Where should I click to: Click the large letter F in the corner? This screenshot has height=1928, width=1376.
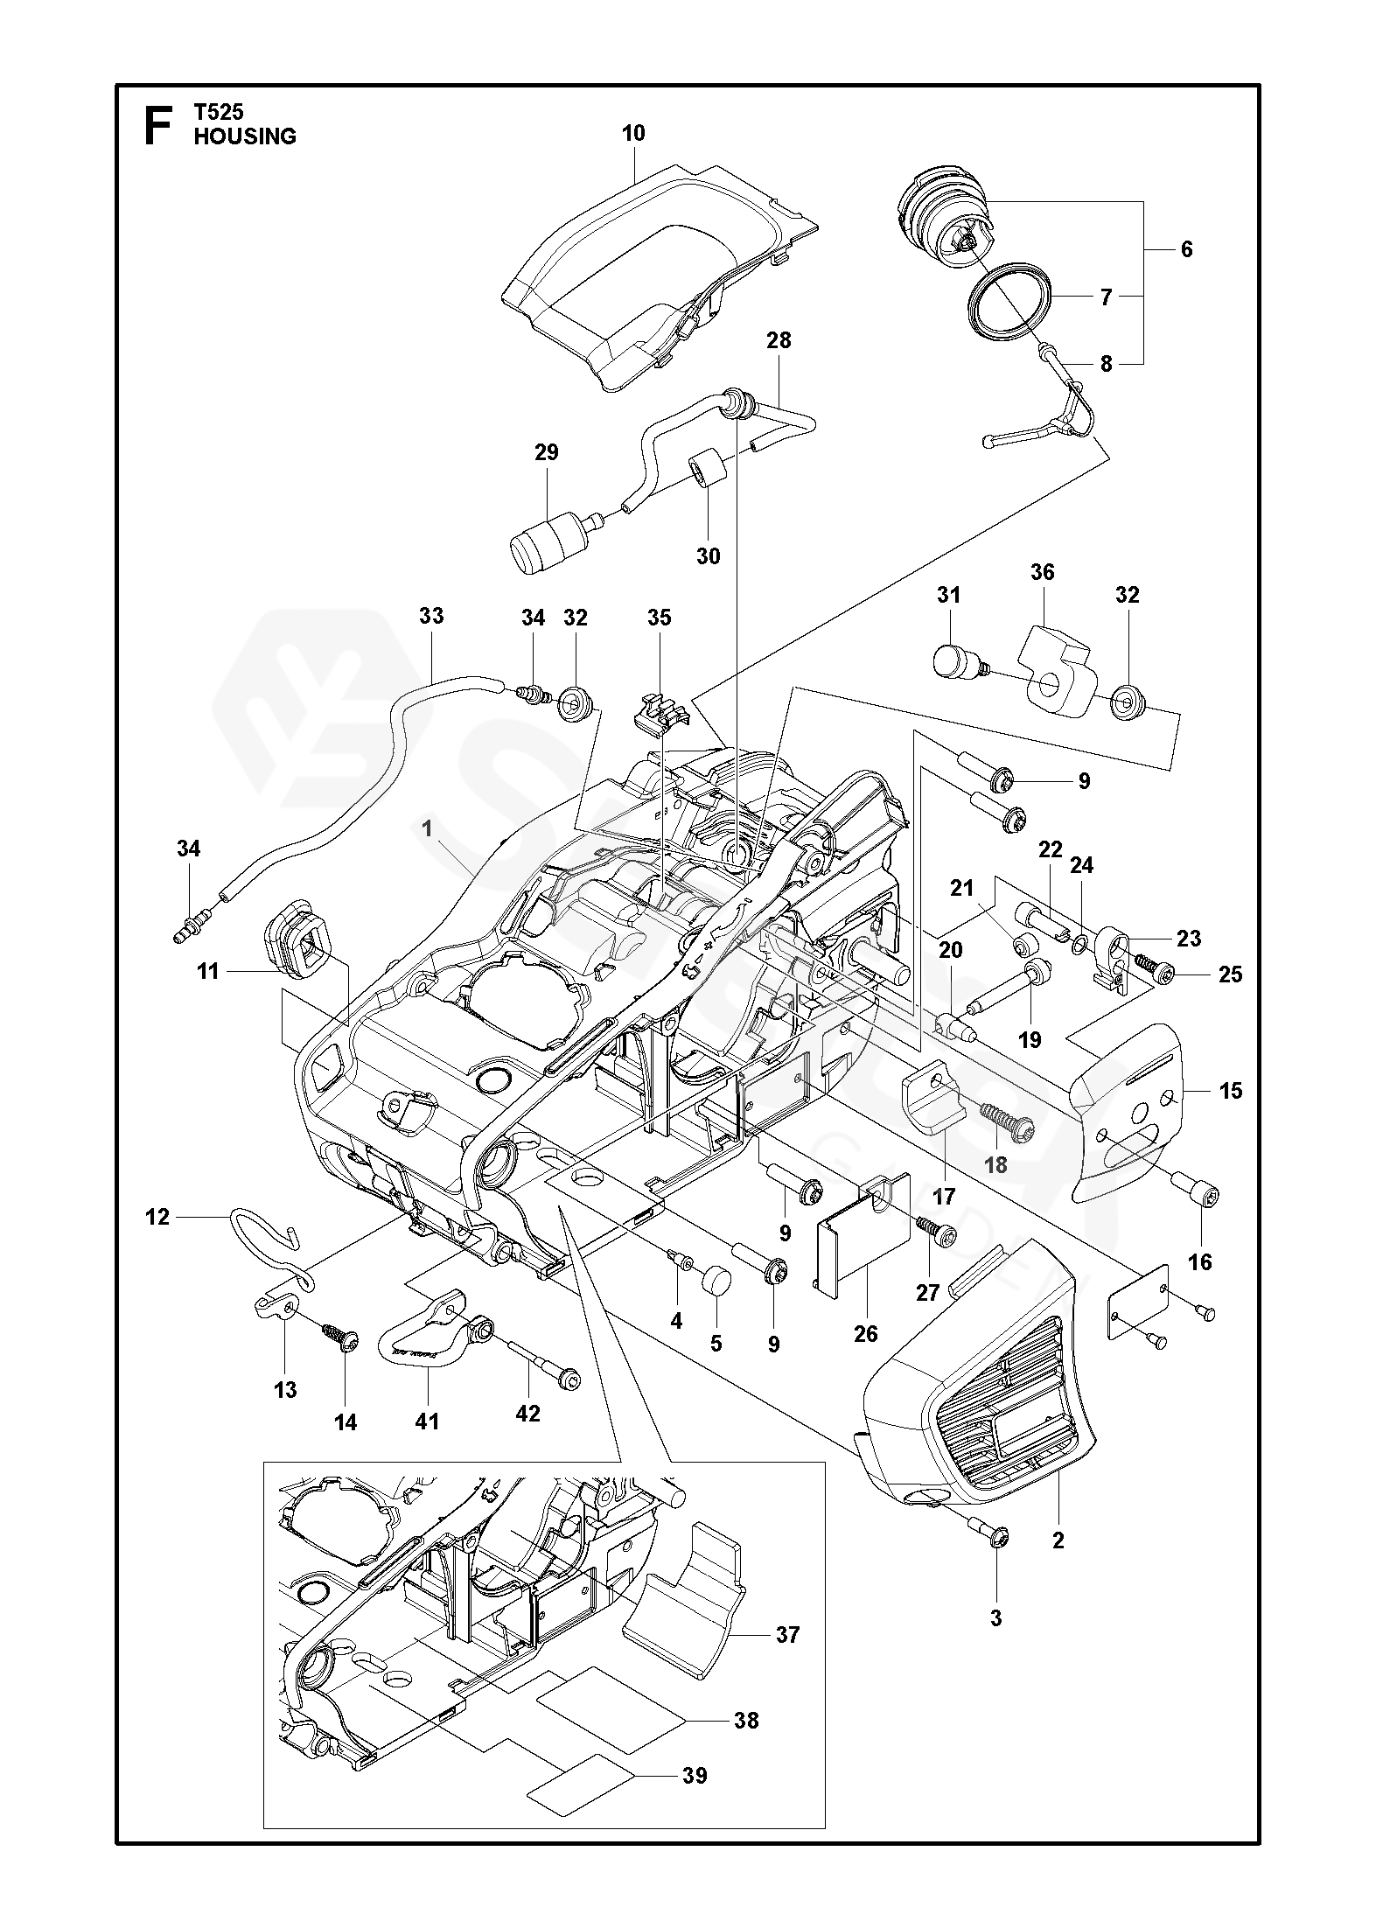157,126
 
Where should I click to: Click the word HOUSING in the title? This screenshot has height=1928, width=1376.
245,136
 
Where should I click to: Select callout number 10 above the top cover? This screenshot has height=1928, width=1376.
633,133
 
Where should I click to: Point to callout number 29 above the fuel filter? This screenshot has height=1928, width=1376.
546,452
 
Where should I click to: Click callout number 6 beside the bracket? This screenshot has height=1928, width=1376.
1186,249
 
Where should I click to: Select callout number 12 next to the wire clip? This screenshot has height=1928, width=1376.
157,1217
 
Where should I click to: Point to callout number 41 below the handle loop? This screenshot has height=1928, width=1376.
427,1422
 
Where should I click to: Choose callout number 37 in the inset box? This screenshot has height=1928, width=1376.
787,1659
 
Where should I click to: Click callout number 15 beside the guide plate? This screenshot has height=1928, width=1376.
1230,1091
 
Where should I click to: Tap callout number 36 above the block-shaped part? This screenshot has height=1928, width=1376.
1042,573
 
